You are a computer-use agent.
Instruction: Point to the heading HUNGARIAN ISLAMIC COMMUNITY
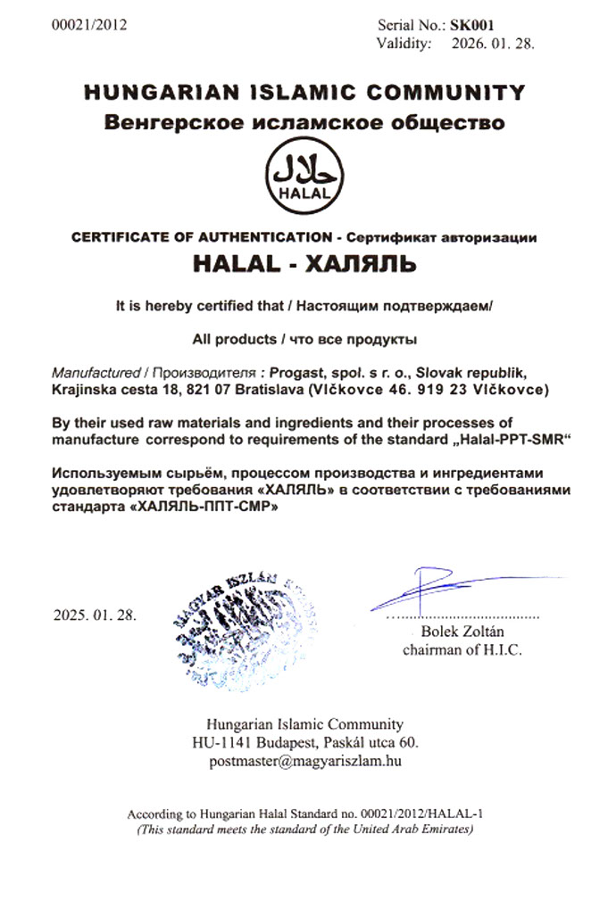[304, 92]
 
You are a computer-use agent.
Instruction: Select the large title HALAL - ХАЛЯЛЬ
[304, 265]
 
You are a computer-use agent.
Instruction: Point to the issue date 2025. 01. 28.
[96, 615]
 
